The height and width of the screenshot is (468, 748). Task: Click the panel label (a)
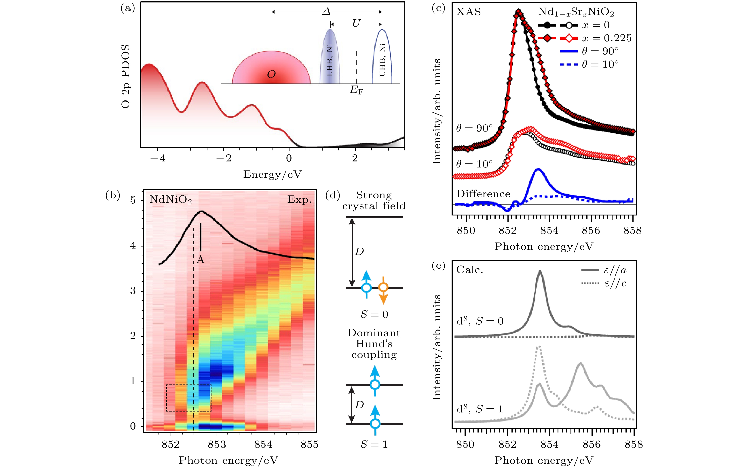[128, 8]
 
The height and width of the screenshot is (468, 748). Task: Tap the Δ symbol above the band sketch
[327, 12]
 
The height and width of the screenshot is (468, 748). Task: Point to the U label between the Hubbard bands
[356, 23]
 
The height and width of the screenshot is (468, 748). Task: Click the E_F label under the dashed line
[356, 90]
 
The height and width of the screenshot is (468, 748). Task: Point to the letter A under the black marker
[201, 260]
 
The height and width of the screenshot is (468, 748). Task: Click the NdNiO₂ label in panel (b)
[171, 200]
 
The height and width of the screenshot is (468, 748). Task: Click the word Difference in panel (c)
[483, 194]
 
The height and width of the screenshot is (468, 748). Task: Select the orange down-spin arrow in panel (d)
[383, 290]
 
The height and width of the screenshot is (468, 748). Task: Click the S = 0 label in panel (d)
[374, 314]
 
